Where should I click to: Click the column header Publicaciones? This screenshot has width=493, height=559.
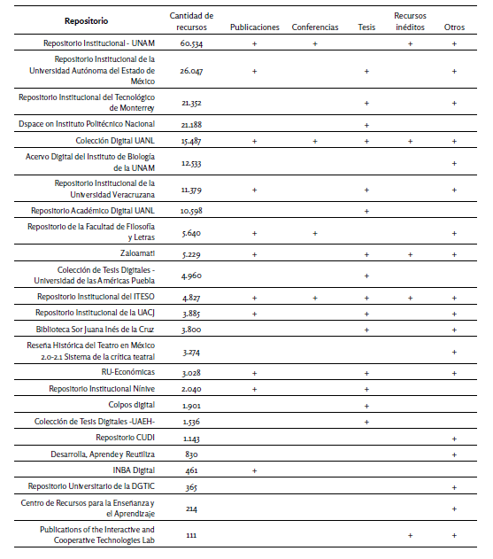tap(254, 27)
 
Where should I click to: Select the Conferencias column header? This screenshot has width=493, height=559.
tap(314, 27)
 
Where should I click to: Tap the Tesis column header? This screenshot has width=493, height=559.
tap(366, 27)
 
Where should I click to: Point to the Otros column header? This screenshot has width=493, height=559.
tap(454, 27)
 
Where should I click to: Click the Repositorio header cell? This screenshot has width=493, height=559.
tap(86, 20)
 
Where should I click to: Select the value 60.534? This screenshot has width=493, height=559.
tap(192, 43)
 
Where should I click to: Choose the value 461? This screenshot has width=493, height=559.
tap(191, 470)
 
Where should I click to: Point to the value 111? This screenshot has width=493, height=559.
tap(191, 535)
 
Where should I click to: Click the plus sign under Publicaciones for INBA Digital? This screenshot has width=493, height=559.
tap(254, 470)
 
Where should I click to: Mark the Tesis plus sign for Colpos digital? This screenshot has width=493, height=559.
tap(366, 406)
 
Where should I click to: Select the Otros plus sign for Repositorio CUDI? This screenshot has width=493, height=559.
tap(454, 439)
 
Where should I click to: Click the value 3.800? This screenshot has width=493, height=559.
tap(191, 330)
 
